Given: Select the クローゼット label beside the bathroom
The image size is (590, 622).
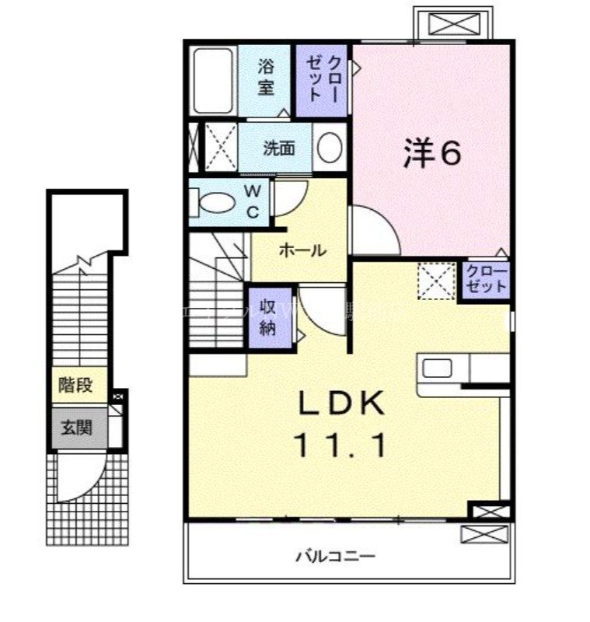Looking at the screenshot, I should click(x=323, y=79).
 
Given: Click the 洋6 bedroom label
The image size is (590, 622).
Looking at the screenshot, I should click(x=432, y=154).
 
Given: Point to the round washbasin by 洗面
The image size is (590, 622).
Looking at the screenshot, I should click(x=330, y=148).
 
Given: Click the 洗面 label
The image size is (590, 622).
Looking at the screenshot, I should click(x=278, y=148).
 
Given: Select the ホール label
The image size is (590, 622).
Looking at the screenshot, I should click(x=301, y=250).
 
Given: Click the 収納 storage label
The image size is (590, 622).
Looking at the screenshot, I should click(x=267, y=317).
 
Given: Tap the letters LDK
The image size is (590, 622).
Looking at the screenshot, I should click(x=343, y=405).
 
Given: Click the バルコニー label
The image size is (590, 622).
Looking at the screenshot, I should click(x=335, y=557).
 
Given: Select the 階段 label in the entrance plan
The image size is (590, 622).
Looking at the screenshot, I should click(x=75, y=385).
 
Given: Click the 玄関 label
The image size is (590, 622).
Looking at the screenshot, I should click(x=76, y=427).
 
